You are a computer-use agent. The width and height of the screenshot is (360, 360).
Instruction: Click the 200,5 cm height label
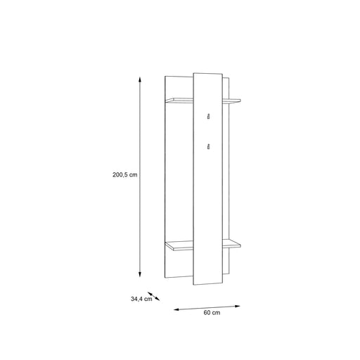coord(125,174)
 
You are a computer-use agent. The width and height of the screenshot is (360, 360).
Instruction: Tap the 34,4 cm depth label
coord(141,299)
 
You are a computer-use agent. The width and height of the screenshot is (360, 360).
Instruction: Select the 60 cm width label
coord(212,312)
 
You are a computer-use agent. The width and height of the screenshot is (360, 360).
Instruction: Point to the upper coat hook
coord(208,116)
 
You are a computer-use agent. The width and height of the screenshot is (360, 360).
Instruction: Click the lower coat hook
coord(208,146)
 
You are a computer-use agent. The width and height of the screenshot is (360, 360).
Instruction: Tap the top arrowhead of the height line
coord(140,79)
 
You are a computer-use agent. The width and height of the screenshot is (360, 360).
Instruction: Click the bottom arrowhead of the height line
coord(140,274)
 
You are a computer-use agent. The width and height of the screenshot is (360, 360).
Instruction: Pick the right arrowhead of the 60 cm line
coord(238,306)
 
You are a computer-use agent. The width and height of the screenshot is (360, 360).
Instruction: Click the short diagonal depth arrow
coord(153,296)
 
